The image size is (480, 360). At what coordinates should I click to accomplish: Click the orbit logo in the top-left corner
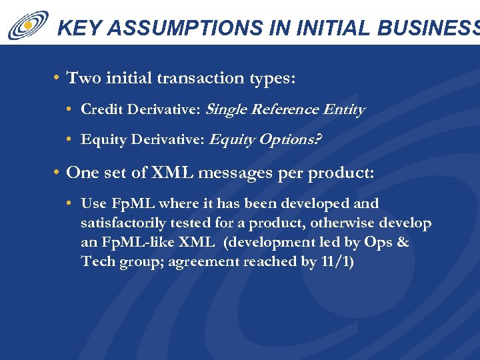27,25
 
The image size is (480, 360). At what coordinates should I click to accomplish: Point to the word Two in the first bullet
83,78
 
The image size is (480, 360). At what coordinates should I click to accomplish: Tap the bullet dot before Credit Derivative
70,109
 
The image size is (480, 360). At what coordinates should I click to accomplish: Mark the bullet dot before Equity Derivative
70,140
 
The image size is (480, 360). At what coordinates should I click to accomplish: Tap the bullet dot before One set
57,173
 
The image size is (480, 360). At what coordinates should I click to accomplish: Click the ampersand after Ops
402,243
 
